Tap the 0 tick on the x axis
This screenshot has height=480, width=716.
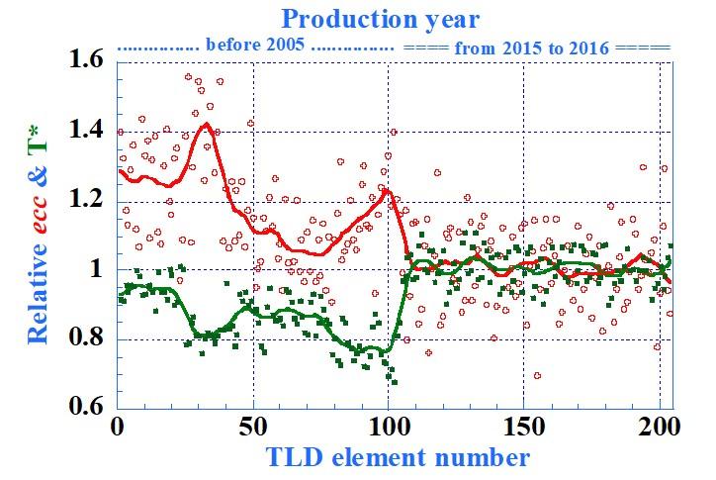coord(118,430)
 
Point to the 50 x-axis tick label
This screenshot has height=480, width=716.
coord(253,430)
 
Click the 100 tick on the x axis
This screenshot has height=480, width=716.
coord(389,430)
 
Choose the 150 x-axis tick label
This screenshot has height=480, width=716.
coord(524,430)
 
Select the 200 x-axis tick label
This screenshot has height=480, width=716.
coord(660,430)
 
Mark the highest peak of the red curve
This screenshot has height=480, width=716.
coord(205,124)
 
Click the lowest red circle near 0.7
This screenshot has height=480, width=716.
coord(537,375)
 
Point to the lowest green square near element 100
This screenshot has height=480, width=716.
coord(395,381)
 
